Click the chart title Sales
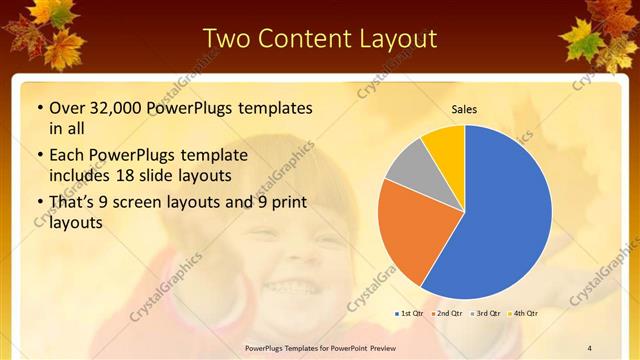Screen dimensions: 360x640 (x=464, y=108)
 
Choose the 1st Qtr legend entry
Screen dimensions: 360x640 (x=410, y=314)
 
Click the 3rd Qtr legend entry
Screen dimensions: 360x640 (x=487, y=314)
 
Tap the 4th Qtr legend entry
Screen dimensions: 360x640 (x=524, y=314)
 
